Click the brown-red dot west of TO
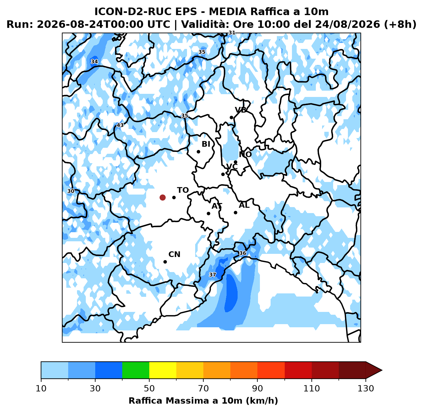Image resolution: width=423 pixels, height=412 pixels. [x=162, y=197]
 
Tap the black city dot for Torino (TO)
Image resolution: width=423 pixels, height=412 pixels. [x=174, y=197]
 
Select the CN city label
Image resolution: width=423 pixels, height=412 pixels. [x=174, y=254]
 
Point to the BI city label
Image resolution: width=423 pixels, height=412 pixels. [x=206, y=144]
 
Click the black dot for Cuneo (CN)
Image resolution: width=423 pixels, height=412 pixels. [x=165, y=262]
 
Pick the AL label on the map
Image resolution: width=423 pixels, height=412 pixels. [x=244, y=205]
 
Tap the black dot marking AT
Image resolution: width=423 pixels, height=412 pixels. [x=208, y=213]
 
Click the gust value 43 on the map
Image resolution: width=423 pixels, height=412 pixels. [x=120, y=125]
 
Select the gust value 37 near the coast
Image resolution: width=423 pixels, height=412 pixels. [x=212, y=275]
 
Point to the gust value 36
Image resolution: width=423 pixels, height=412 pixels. [x=242, y=253]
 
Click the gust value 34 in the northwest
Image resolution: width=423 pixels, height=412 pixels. [x=94, y=62]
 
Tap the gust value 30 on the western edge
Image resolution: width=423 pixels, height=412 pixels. [x=71, y=191]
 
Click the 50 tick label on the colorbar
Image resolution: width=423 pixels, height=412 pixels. [x=149, y=388]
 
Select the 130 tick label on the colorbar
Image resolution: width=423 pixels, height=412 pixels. [x=365, y=388]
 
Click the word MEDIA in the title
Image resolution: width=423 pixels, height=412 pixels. [x=228, y=12]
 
